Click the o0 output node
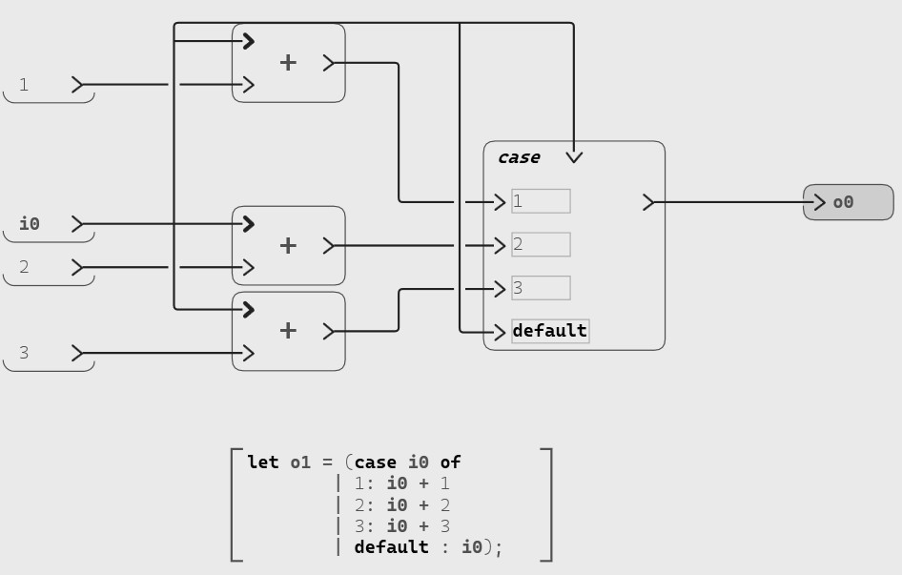tap(848, 202)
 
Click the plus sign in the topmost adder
tap(288, 63)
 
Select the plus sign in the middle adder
tap(288, 245)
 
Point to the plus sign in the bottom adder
tap(288, 331)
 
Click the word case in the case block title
tap(519, 157)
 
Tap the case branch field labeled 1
tap(541, 201)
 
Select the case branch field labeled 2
tap(541, 245)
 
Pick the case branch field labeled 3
tap(541, 288)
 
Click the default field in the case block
tap(550, 331)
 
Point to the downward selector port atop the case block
tap(574, 156)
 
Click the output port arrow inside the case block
tap(648, 202)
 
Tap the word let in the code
tap(262, 462)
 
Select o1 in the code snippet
tap(300, 462)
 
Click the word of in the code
tap(450, 462)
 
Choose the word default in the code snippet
tap(391, 547)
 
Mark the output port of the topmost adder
tap(329, 63)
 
